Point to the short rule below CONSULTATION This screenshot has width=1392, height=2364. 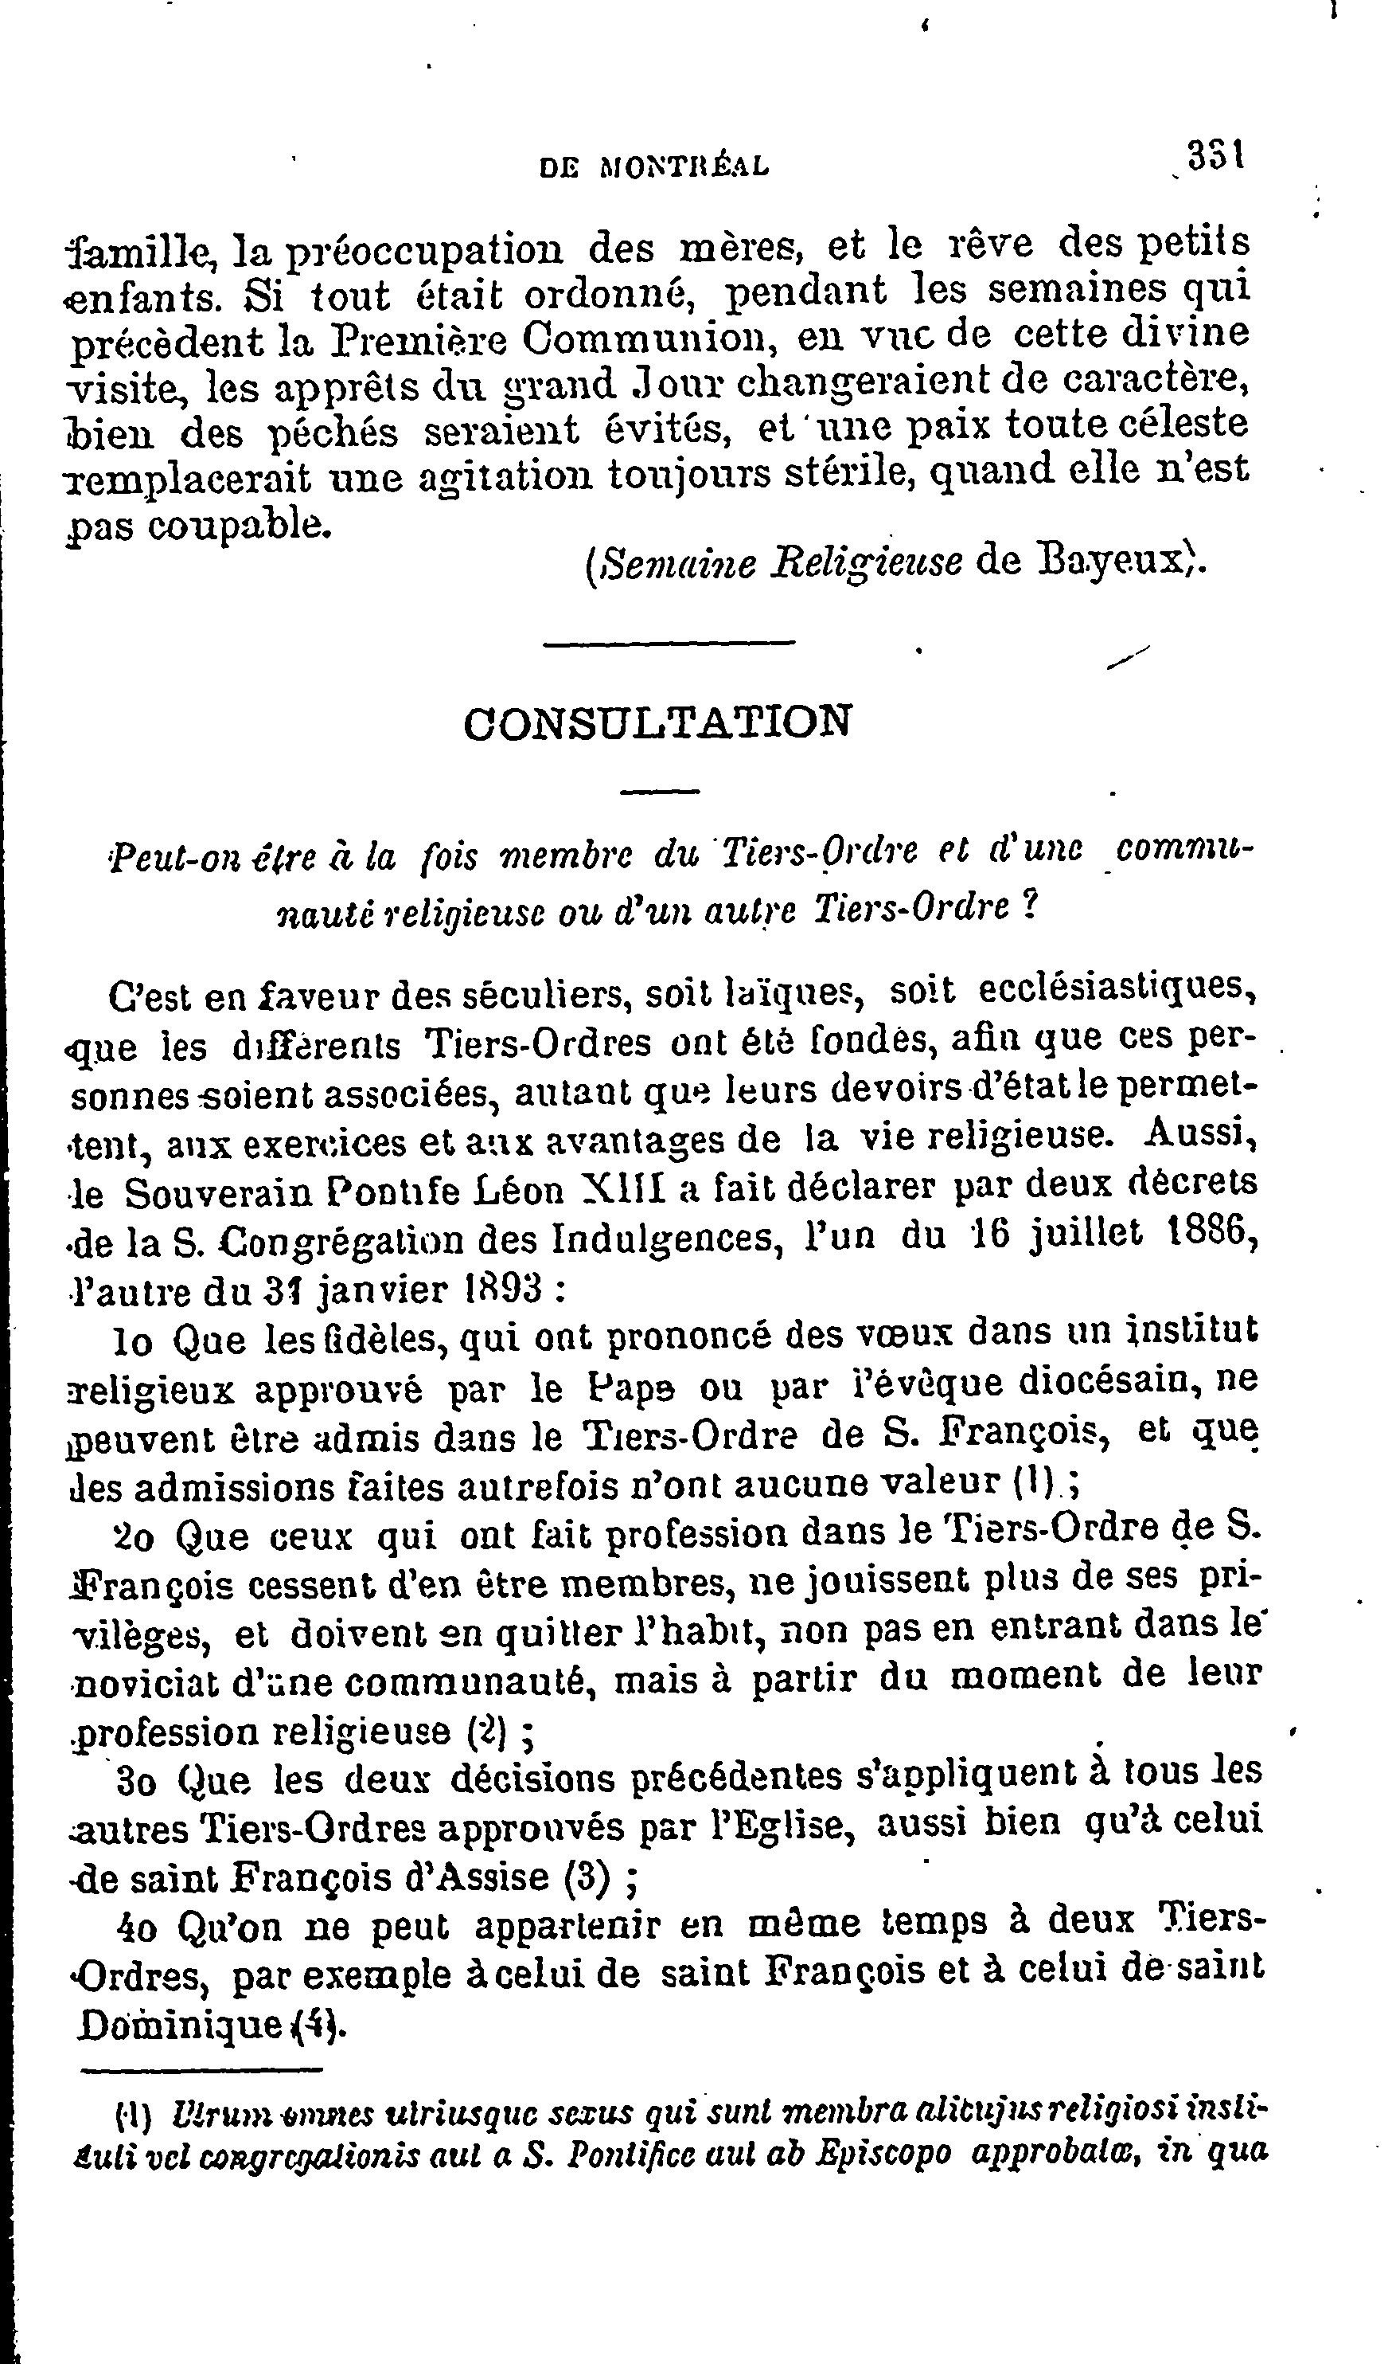pyautogui.click(x=661, y=790)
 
